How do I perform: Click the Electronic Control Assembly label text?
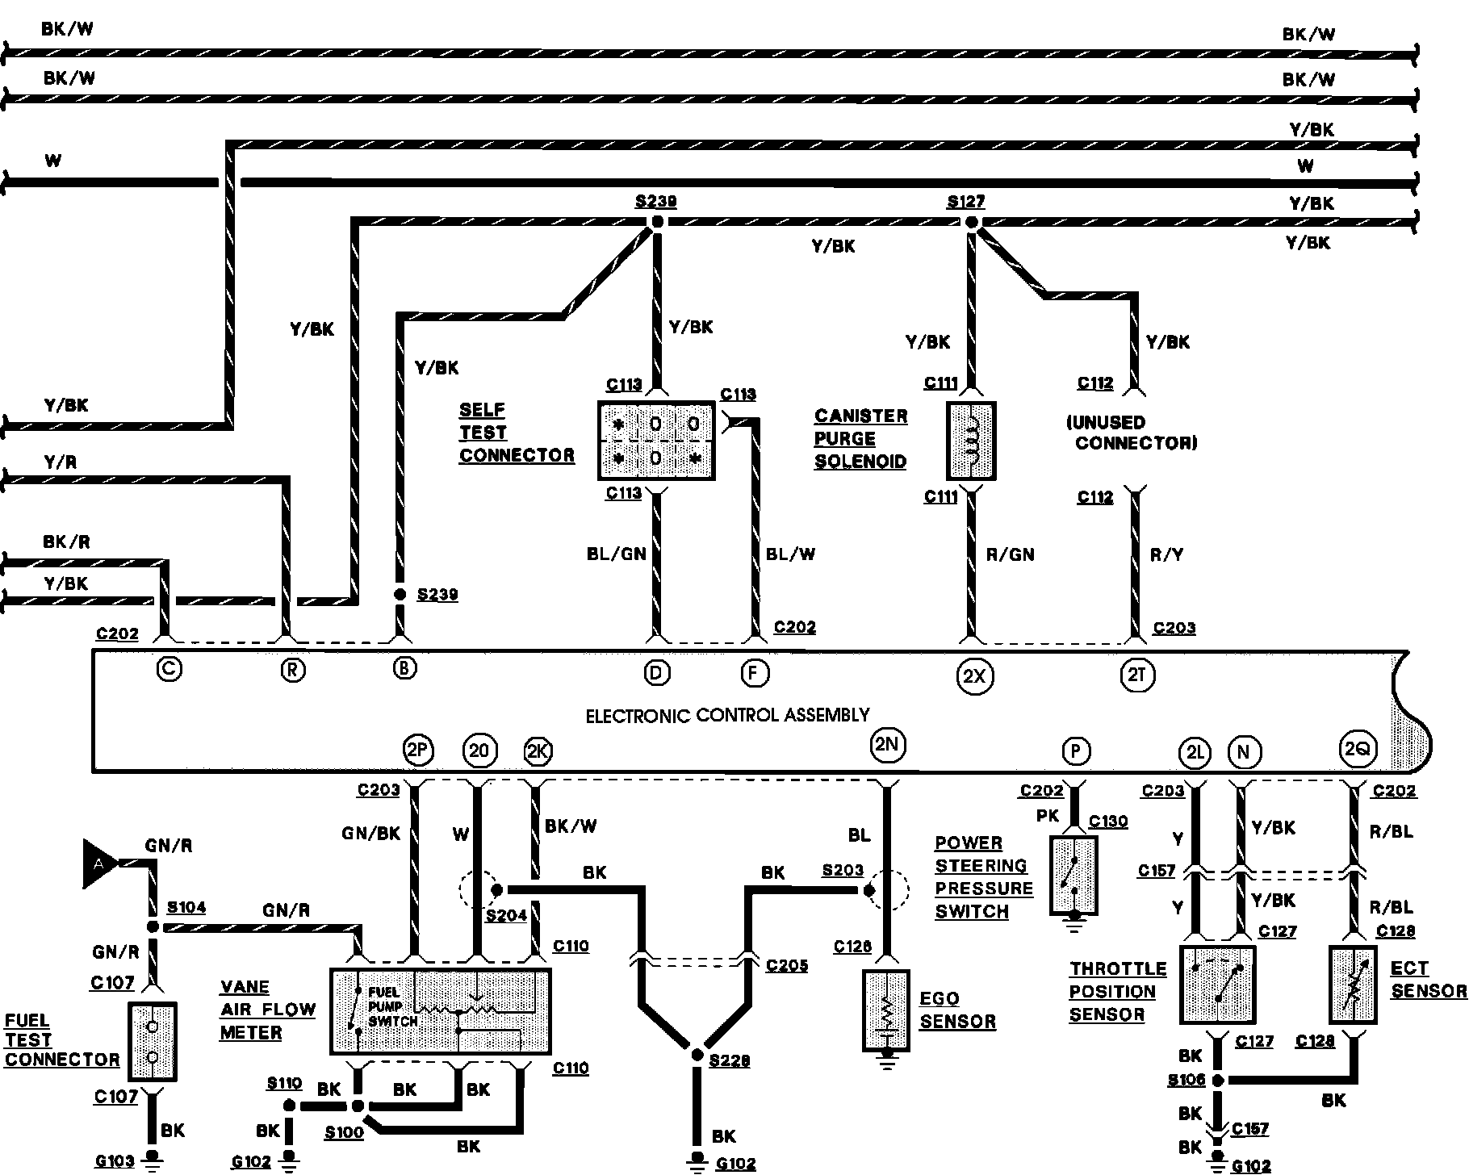(x=727, y=715)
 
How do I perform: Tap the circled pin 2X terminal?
(x=975, y=675)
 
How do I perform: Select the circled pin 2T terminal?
(x=1137, y=675)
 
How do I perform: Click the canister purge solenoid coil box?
(x=971, y=441)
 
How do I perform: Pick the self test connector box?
(x=656, y=441)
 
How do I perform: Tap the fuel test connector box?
(x=152, y=1042)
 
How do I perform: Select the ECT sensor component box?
(x=1353, y=985)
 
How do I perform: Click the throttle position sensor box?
(x=1217, y=985)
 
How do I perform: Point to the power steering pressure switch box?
(x=1073, y=876)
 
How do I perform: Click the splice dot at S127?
(x=972, y=222)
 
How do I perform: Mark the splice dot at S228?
(x=697, y=1055)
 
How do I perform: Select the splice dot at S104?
(x=153, y=927)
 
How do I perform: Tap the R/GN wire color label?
(x=1011, y=554)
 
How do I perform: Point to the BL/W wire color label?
(x=790, y=554)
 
